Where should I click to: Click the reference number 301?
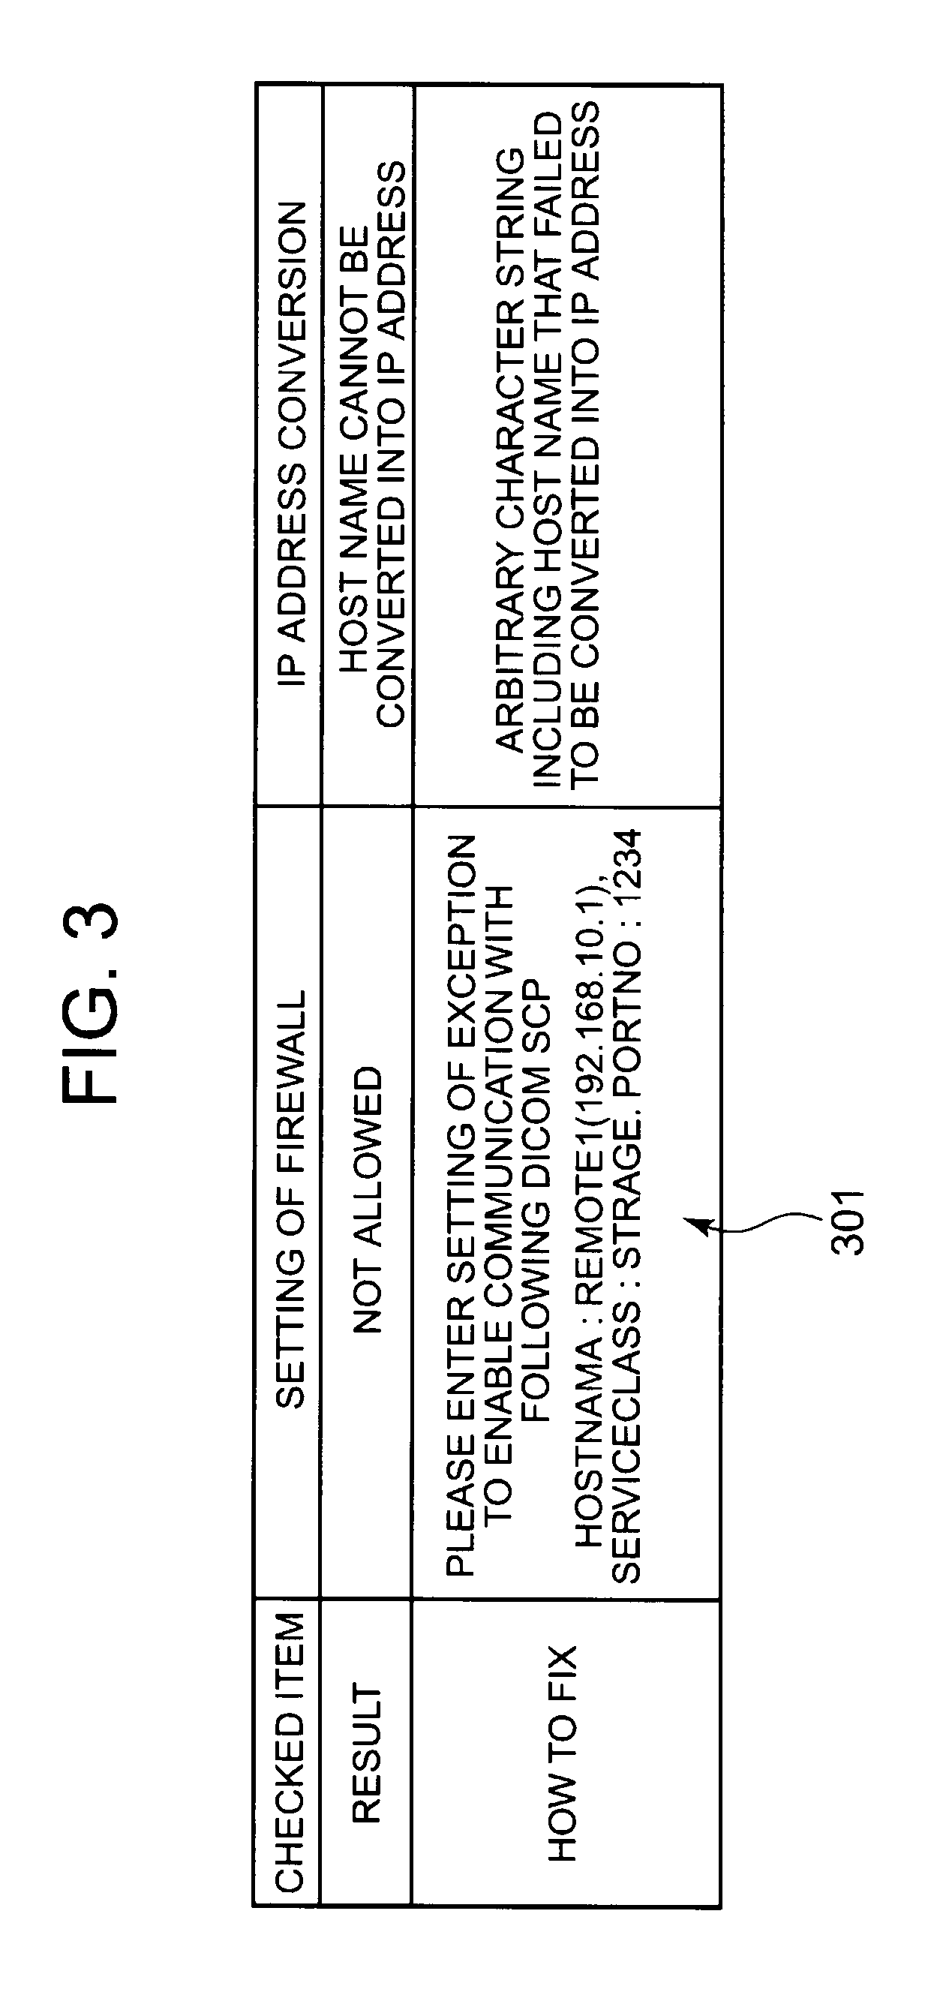(x=847, y=1221)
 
